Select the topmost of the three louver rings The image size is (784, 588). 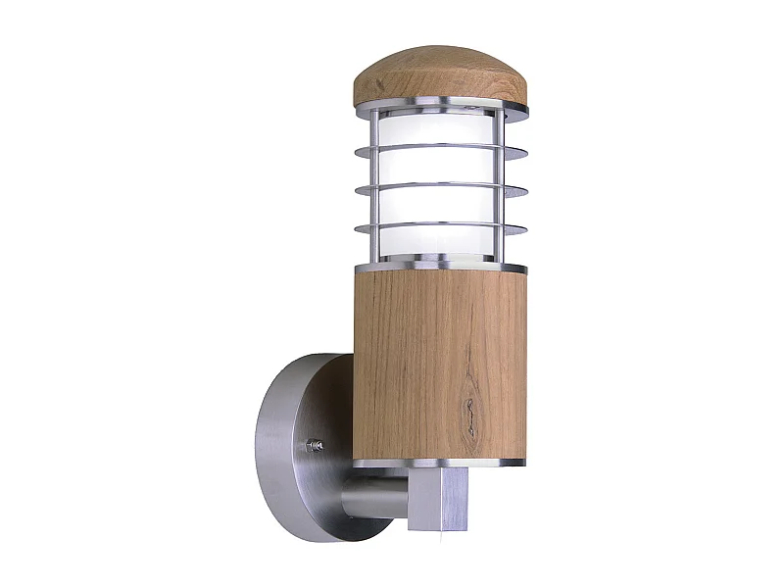[x=441, y=149]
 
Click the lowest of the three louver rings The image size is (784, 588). [x=441, y=227]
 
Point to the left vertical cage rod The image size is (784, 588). [x=374, y=186]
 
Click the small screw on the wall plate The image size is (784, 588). [x=317, y=445]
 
